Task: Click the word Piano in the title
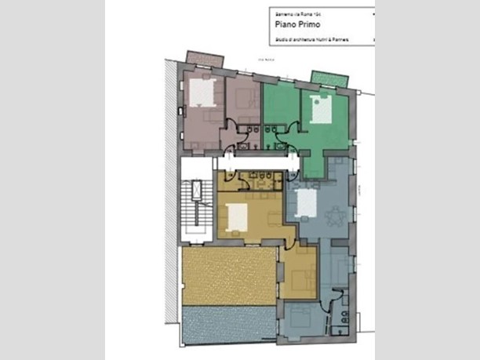point(283,24)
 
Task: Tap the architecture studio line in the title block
point(312,38)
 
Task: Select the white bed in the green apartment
point(322,109)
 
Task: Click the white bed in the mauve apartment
point(203,94)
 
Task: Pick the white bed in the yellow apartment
point(236,214)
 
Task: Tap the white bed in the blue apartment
point(306,203)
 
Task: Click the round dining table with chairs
point(335,214)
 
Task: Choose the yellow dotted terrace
point(228,275)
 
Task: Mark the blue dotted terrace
point(228,325)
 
